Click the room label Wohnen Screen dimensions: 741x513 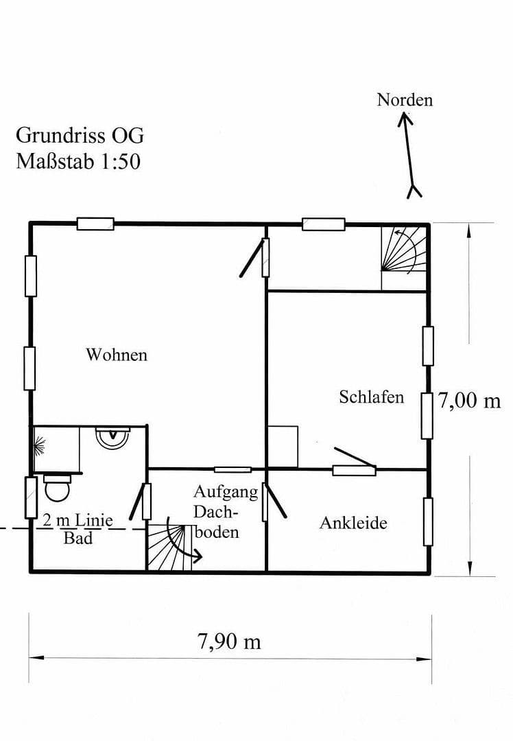click(x=116, y=355)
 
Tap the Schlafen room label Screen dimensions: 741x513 click(x=371, y=397)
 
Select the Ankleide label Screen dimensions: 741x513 click(x=353, y=523)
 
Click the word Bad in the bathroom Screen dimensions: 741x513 click(x=78, y=538)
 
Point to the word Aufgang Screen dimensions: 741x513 click(x=226, y=491)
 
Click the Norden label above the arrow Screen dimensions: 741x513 click(x=405, y=99)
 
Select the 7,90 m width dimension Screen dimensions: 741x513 click(x=229, y=642)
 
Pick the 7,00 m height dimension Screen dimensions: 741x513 click(x=470, y=400)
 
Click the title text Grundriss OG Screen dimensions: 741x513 click(x=80, y=134)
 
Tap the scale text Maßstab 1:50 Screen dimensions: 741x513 click(x=78, y=162)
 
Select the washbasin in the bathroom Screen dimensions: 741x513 click(x=112, y=437)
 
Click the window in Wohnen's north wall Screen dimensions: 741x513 click(x=95, y=224)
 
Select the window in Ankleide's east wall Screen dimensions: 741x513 click(x=428, y=522)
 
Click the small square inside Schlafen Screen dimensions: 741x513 click(x=283, y=446)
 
